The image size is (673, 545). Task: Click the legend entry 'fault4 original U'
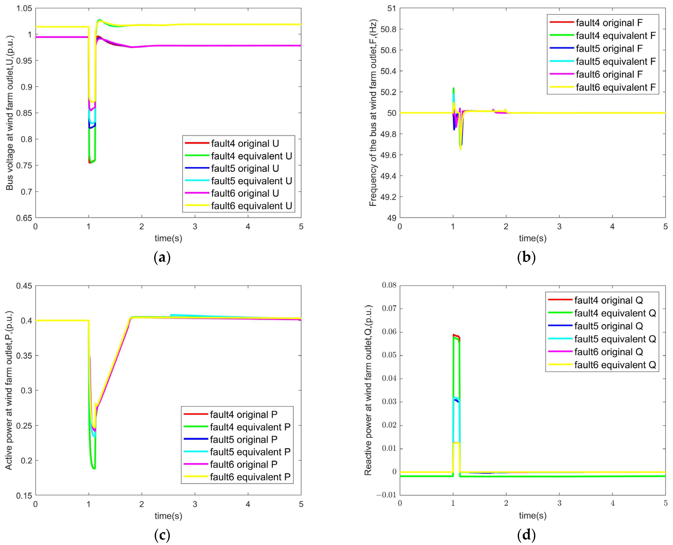tap(245, 144)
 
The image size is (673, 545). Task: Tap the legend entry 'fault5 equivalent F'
tap(615, 62)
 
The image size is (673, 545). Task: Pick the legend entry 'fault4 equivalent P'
tap(250, 427)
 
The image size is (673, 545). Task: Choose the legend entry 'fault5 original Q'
tap(608, 326)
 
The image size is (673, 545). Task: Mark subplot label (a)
tap(162, 257)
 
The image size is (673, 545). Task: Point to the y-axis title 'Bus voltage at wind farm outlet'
tap(10, 113)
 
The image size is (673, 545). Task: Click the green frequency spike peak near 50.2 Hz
tap(453, 89)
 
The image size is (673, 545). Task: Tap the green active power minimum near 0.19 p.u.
tap(93, 468)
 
